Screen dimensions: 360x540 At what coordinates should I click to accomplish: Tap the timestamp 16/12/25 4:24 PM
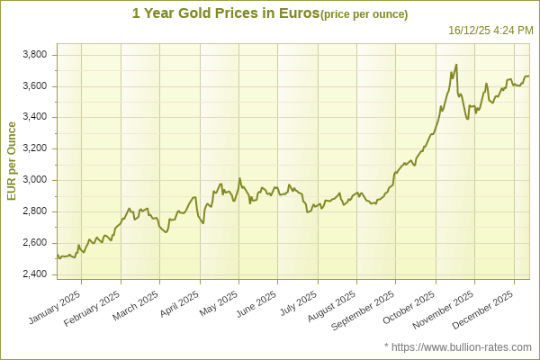[x=490, y=31]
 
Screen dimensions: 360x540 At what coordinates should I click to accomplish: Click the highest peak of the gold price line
[x=456, y=65]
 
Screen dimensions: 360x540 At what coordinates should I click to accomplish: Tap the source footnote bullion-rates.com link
[x=464, y=346]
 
